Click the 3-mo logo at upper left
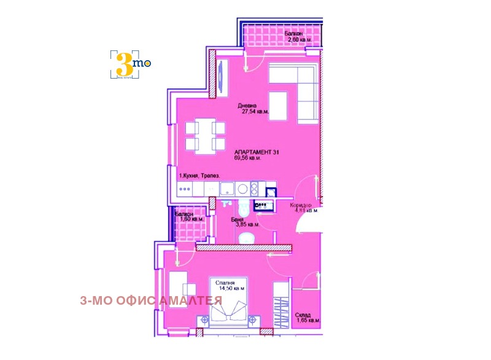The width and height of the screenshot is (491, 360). [x=130, y=63]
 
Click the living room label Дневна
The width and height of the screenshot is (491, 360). [x=248, y=105]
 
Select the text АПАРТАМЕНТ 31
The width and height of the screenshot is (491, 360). [x=256, y=151]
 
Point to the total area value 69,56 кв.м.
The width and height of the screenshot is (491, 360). [x=247, y=158]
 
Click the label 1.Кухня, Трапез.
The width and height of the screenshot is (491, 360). [x=198, y=176]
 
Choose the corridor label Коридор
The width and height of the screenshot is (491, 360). [x=301, y=205]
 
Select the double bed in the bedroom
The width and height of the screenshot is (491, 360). [x=230, y=310]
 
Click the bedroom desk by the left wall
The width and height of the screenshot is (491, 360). [x=176, y=288]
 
